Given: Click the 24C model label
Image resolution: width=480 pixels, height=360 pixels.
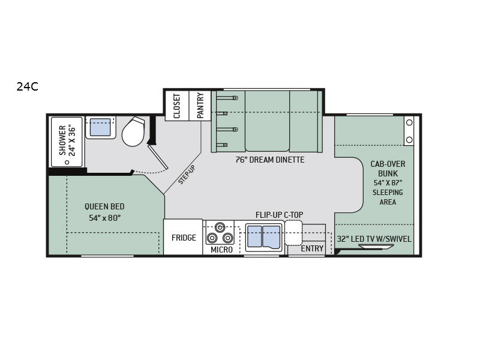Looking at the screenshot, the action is point(28,87).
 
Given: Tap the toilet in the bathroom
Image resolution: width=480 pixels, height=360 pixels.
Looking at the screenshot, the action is point(133,131).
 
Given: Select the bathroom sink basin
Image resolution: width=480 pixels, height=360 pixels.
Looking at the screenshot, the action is point(100,127).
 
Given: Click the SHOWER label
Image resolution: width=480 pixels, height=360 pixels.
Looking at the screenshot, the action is point(62,140).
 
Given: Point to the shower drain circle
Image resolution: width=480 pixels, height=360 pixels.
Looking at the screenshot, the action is point(67,163).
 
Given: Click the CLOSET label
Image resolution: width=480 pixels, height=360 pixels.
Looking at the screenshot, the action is point(177,106).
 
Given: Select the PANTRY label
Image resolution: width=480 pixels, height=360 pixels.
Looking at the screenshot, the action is point(200,106).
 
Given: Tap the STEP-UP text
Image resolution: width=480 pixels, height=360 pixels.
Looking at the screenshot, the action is point(187,175).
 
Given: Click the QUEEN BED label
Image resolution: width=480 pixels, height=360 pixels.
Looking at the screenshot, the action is point(104,206).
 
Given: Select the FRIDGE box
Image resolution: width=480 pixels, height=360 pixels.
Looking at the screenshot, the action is point(183,237).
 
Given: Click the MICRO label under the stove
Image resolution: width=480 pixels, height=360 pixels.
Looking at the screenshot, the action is point(221,250).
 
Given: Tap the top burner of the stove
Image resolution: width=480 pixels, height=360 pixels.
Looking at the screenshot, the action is point(220,227).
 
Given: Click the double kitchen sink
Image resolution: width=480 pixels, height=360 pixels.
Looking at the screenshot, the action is point(264,238).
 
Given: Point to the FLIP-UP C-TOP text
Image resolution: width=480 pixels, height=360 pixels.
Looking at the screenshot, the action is point(279,215).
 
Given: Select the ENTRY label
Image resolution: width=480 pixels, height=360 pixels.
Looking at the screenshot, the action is point(312,248).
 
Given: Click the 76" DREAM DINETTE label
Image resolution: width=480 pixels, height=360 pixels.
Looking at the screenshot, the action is point(270,160).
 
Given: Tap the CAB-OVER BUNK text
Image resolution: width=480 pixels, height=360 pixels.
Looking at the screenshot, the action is point(388,169).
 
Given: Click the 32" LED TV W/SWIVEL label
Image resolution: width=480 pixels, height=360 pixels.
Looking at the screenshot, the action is point(374,239).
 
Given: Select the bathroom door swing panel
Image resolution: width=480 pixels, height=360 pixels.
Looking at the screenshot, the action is point(158,157).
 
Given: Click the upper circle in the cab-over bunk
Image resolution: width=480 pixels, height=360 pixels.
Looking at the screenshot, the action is point(409,122).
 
